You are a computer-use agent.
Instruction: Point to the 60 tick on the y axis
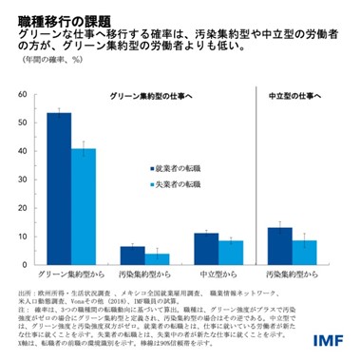21,96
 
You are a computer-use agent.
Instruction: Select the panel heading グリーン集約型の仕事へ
144,98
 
